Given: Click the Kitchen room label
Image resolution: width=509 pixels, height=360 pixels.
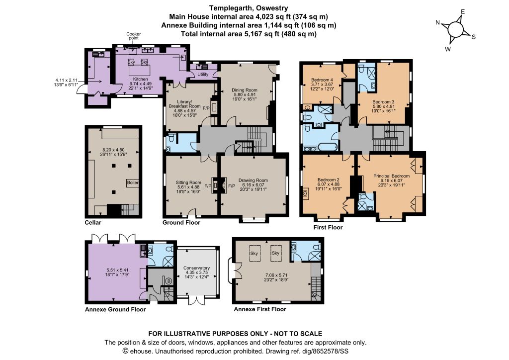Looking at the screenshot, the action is click(141, 79).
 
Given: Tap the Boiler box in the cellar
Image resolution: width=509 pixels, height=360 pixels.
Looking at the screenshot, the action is click(132, 182).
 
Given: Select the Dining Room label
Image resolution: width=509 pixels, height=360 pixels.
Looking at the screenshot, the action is click(245, 90).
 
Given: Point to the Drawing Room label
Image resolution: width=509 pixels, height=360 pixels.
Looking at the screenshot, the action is click(253, 180).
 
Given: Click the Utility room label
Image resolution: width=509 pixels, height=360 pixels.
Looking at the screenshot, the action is click(203, 75).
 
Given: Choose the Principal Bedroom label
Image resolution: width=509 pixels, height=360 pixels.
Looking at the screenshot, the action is click(392, 176).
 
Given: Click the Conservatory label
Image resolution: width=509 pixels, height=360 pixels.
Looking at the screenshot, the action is click(197, 268).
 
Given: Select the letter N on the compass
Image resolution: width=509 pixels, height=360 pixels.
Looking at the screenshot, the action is click(437, 22).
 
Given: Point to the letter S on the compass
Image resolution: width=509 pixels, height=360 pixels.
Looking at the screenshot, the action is click(474, 37).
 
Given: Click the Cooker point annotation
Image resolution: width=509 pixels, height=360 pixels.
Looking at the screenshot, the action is click(133, 36).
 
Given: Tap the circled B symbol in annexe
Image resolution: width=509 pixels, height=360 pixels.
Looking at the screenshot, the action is click(169, 281).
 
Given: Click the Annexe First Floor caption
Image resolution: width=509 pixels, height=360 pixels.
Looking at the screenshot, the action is click(260, 309).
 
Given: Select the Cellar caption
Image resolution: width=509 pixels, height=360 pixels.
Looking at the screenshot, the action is click(93, 222).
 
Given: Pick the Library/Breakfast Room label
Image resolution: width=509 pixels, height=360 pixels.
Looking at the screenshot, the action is click(185, 104).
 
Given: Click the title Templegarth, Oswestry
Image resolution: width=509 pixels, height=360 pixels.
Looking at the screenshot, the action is click(249, 8).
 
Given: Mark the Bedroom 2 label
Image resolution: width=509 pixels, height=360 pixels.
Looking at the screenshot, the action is click(329, 180).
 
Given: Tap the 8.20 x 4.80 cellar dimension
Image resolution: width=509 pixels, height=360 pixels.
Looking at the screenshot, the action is click(113, 150).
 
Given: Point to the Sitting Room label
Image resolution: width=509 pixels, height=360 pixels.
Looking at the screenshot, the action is click(188, 182).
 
